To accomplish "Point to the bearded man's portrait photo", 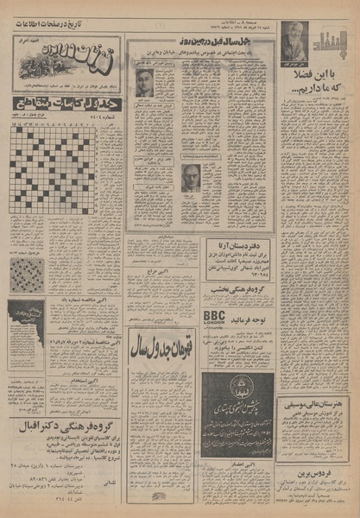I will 294,39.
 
